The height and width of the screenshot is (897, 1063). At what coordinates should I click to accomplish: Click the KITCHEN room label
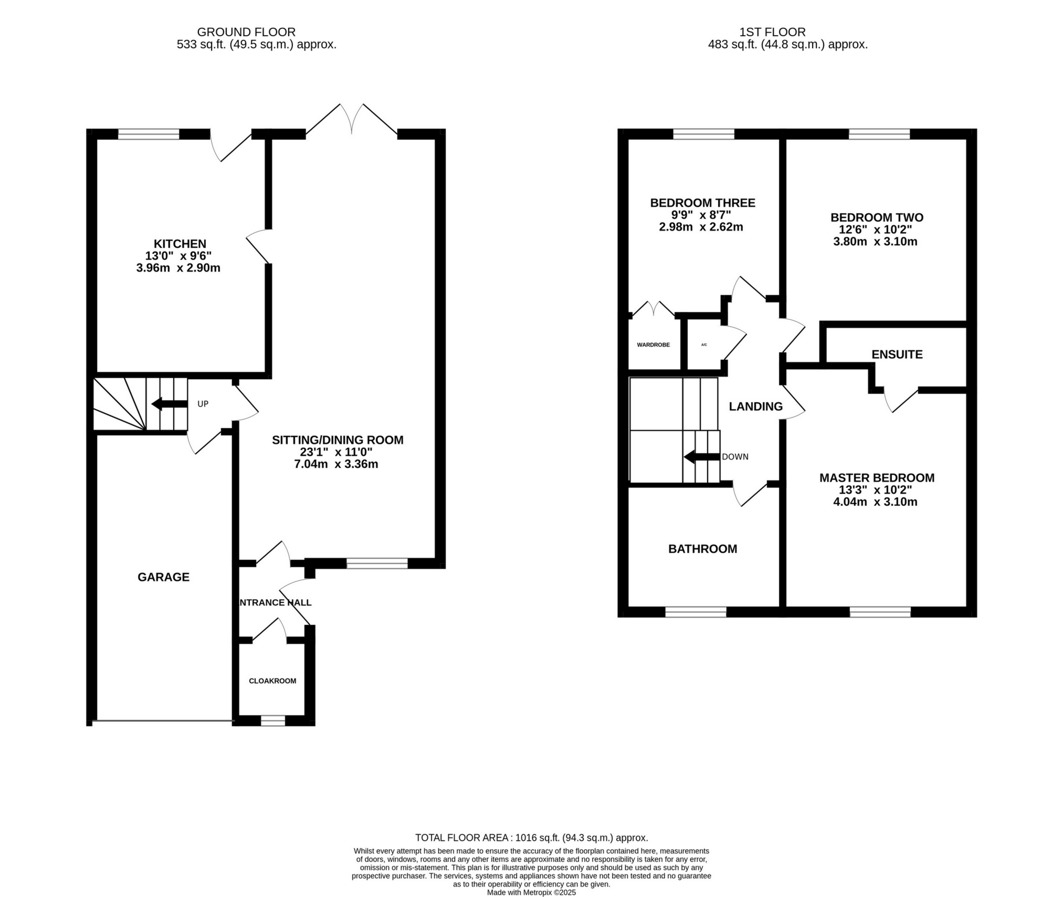click(x=180, y=244)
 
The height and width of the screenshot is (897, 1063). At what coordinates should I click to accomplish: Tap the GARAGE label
click(x=163, y=577)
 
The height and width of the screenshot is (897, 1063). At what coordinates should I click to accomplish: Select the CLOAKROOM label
click(x=272, y=681)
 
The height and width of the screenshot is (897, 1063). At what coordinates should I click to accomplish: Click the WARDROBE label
click(x=653, y=345)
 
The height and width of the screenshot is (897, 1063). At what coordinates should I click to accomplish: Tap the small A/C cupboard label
click(x=704, y=345)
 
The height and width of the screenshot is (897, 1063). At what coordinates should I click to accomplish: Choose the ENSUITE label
click(x=897, y=354)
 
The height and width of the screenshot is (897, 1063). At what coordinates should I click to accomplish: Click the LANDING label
click(x=755, y=406)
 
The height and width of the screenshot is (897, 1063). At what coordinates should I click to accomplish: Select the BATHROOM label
click(x=702, y=549)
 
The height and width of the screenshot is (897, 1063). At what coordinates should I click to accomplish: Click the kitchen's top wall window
click(x=149, y=134)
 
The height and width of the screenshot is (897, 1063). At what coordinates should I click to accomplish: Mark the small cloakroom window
click(x=273, y=721)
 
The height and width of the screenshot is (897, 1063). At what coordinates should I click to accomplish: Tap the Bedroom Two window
click(x=879, y=134)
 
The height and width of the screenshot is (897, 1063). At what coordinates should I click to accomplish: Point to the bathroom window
click(x=696, y=612)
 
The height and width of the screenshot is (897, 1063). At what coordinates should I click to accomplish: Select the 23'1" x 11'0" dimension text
click(x=336, y=452)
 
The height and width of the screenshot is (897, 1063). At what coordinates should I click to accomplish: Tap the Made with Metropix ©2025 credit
click(x=531, y=892)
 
